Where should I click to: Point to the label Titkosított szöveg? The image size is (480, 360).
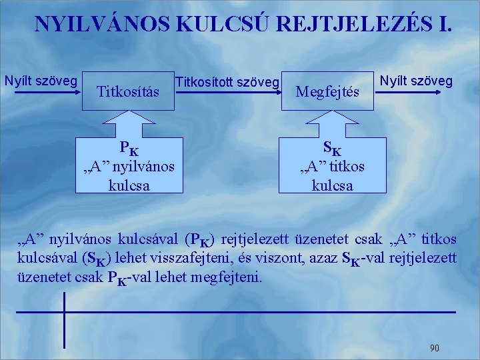[x=227, y=82]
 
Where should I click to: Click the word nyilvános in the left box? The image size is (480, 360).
[x=143, y=166]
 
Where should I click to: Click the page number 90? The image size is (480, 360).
[x=434, y=347]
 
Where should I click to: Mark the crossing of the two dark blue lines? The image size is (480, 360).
[x=65, y=312]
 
